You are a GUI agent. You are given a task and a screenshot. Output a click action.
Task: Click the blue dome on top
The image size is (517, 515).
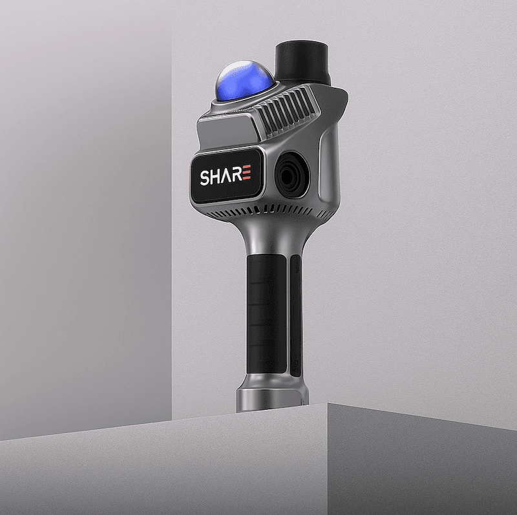(x=244, y=80)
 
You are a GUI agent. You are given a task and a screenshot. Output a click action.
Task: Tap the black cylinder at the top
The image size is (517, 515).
(x=302, y=62)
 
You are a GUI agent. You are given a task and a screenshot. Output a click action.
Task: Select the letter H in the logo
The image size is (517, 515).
(x=218, y=176)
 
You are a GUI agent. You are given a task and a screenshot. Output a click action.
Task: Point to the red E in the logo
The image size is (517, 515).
(x=248, y=173)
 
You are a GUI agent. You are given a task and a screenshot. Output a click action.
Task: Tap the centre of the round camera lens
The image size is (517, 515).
(x=292, y=174)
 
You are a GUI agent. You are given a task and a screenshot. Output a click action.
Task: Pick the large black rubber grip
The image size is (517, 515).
(x=266, y=314)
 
